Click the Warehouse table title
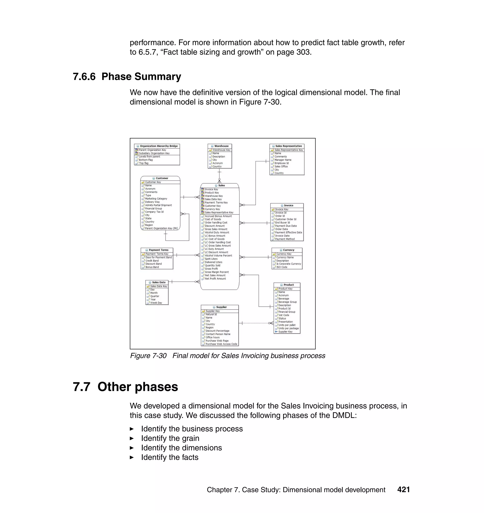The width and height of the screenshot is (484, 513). [x=221, y=146]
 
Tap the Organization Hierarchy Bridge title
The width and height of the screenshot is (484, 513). [x=158, y=146]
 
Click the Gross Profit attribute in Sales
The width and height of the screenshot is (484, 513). [x=211, y=269]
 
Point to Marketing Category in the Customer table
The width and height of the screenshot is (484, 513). [x=156, y=199]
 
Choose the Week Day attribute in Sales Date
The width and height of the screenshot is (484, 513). [x=156, y=303]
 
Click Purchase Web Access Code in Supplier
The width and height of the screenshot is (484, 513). [x=221, y=344]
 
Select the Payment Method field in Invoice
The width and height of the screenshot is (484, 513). [x=285, y=239]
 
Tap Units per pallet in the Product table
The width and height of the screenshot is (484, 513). [x=287, y=325]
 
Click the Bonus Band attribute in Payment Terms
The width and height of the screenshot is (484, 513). [x=152, y=267]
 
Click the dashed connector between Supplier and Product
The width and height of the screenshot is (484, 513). [x=255, y=323]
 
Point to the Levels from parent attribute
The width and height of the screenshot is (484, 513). [x=149, y=157]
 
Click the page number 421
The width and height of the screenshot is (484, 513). [x=403, y=490]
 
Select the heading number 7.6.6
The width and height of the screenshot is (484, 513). [x=84, y=76]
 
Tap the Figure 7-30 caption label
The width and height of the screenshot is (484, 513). [x=148, y=356]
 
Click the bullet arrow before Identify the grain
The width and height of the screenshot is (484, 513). [x=132, y=438]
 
